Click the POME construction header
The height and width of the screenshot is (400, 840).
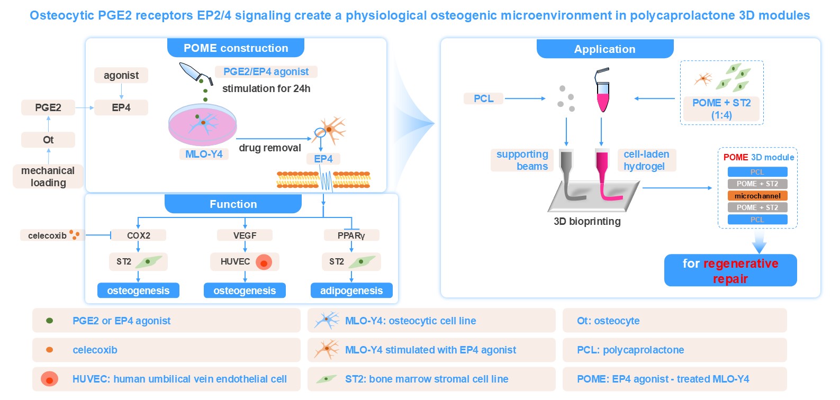click(236, 48)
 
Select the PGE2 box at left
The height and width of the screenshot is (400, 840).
click(48, 107)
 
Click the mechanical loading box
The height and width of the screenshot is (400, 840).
click(48, 176)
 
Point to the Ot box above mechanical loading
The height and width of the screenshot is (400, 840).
click(48, 140)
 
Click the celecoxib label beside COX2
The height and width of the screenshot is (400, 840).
click(47, 235)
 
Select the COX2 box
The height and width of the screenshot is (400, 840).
click(138, 235)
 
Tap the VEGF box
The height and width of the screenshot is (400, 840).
click(245, 235)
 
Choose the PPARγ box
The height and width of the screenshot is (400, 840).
click(351, 235)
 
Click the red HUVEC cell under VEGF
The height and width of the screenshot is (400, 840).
click(264, 262)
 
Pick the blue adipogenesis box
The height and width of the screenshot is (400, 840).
click(351, 290)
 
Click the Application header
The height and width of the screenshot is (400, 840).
click(605, 49)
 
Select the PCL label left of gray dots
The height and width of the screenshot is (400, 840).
click(483, 98)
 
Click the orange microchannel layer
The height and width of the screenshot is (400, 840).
click(757, 196)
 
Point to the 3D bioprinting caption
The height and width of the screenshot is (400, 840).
click(587, 221)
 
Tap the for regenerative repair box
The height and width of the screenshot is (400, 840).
click(730, 270)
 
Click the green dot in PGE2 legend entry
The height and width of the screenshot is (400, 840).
click(50, 321)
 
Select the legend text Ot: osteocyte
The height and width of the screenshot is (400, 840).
click(608, 321)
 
